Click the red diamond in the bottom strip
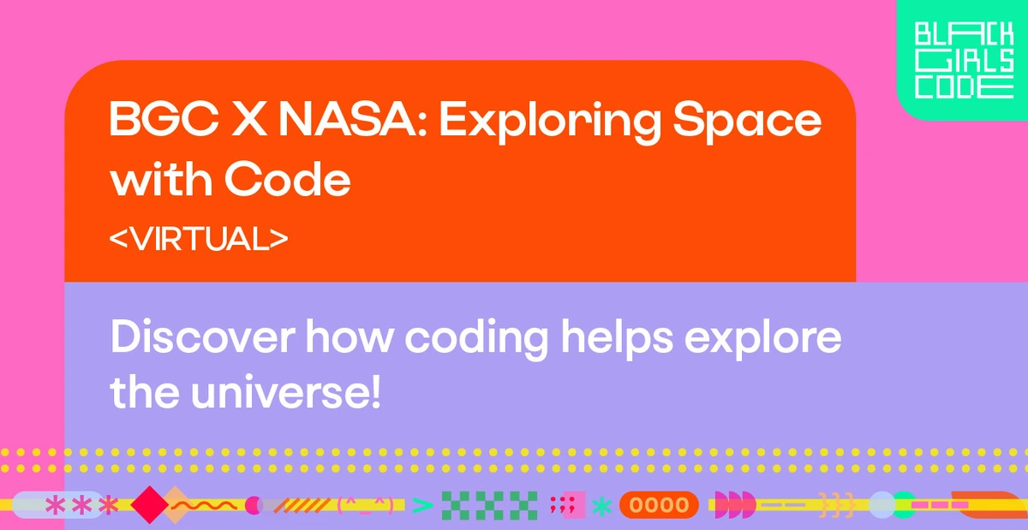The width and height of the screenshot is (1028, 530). (x=150, y=505)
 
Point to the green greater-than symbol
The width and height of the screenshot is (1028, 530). (x=421, y=505)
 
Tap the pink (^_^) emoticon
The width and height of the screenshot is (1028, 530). (x=367, y=505)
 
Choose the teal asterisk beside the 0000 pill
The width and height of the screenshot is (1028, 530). (x=602, y=506)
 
